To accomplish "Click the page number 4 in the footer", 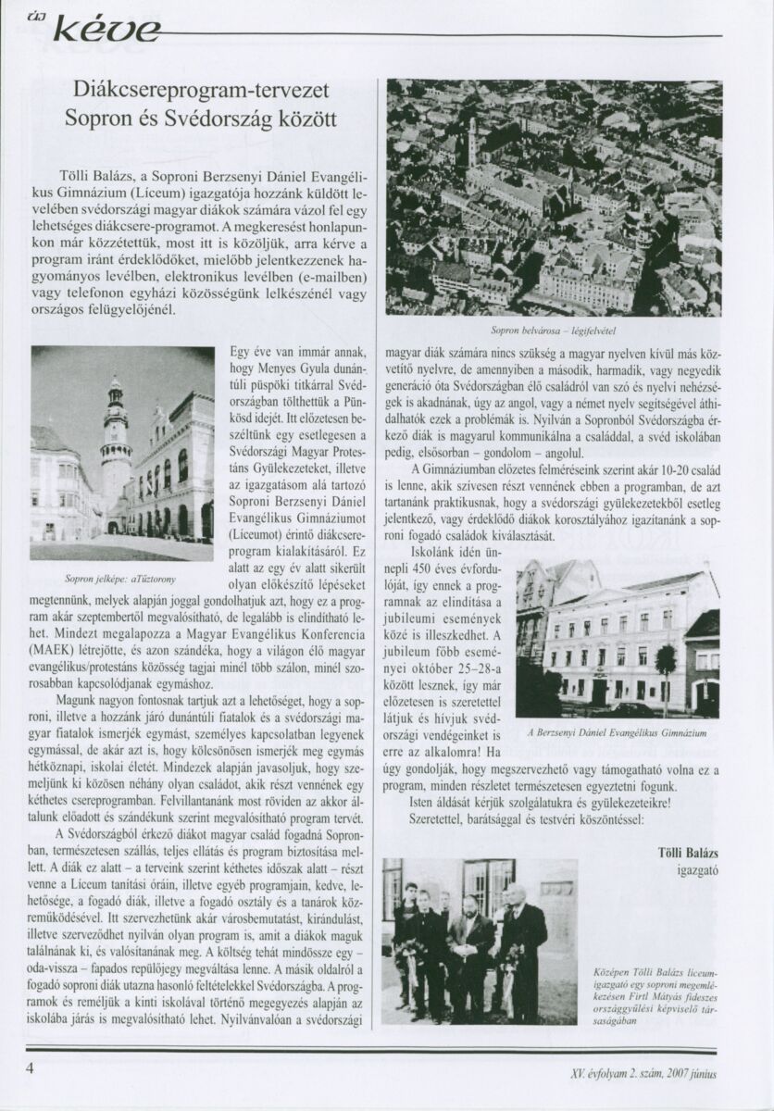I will tap(31, 1067).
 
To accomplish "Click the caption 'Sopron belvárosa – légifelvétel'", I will tap(555, 329).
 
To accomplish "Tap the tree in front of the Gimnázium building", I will tap(665, 674).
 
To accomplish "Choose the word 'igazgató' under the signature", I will tap(698, 870).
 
